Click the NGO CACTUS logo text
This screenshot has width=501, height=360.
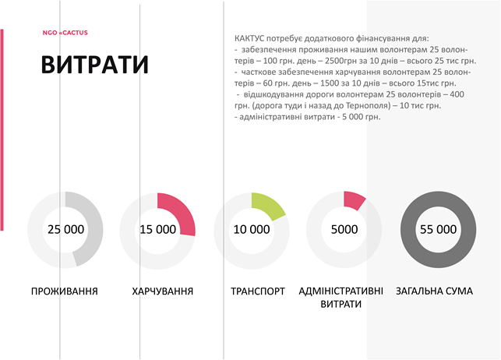click(65, 33)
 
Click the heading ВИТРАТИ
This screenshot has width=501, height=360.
click(95, 65)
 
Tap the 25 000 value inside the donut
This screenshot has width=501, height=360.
click(65, 229)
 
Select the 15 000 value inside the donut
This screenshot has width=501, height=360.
click(158, 229)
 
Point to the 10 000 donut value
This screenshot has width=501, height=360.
click(252, 229)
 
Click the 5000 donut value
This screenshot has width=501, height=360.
click(344, 229)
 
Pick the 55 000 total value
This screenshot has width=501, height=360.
click(439, 229)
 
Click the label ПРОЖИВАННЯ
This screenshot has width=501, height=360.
click(65, 291)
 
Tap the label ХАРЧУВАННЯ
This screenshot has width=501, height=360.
click(163, 291)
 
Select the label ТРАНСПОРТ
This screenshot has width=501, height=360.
click(258, 291)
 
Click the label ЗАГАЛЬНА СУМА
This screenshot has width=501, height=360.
click(435, 291)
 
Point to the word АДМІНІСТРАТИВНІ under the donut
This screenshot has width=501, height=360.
click(341, 291)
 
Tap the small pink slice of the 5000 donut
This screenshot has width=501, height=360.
click(353, 200)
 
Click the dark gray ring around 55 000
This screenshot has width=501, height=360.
click(439, 199)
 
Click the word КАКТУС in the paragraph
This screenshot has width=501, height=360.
click(249, 39)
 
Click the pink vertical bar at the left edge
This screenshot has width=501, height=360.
click(2, 129)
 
